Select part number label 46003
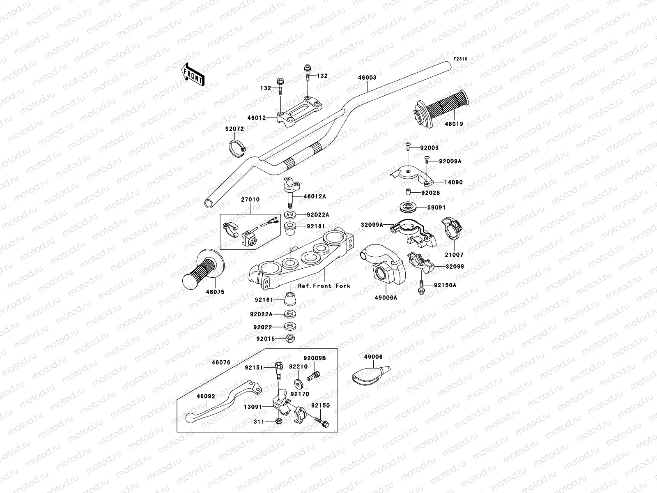[367, 77]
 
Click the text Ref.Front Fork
[324, 286]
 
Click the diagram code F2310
[460, 59]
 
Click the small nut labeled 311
[278, 421]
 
